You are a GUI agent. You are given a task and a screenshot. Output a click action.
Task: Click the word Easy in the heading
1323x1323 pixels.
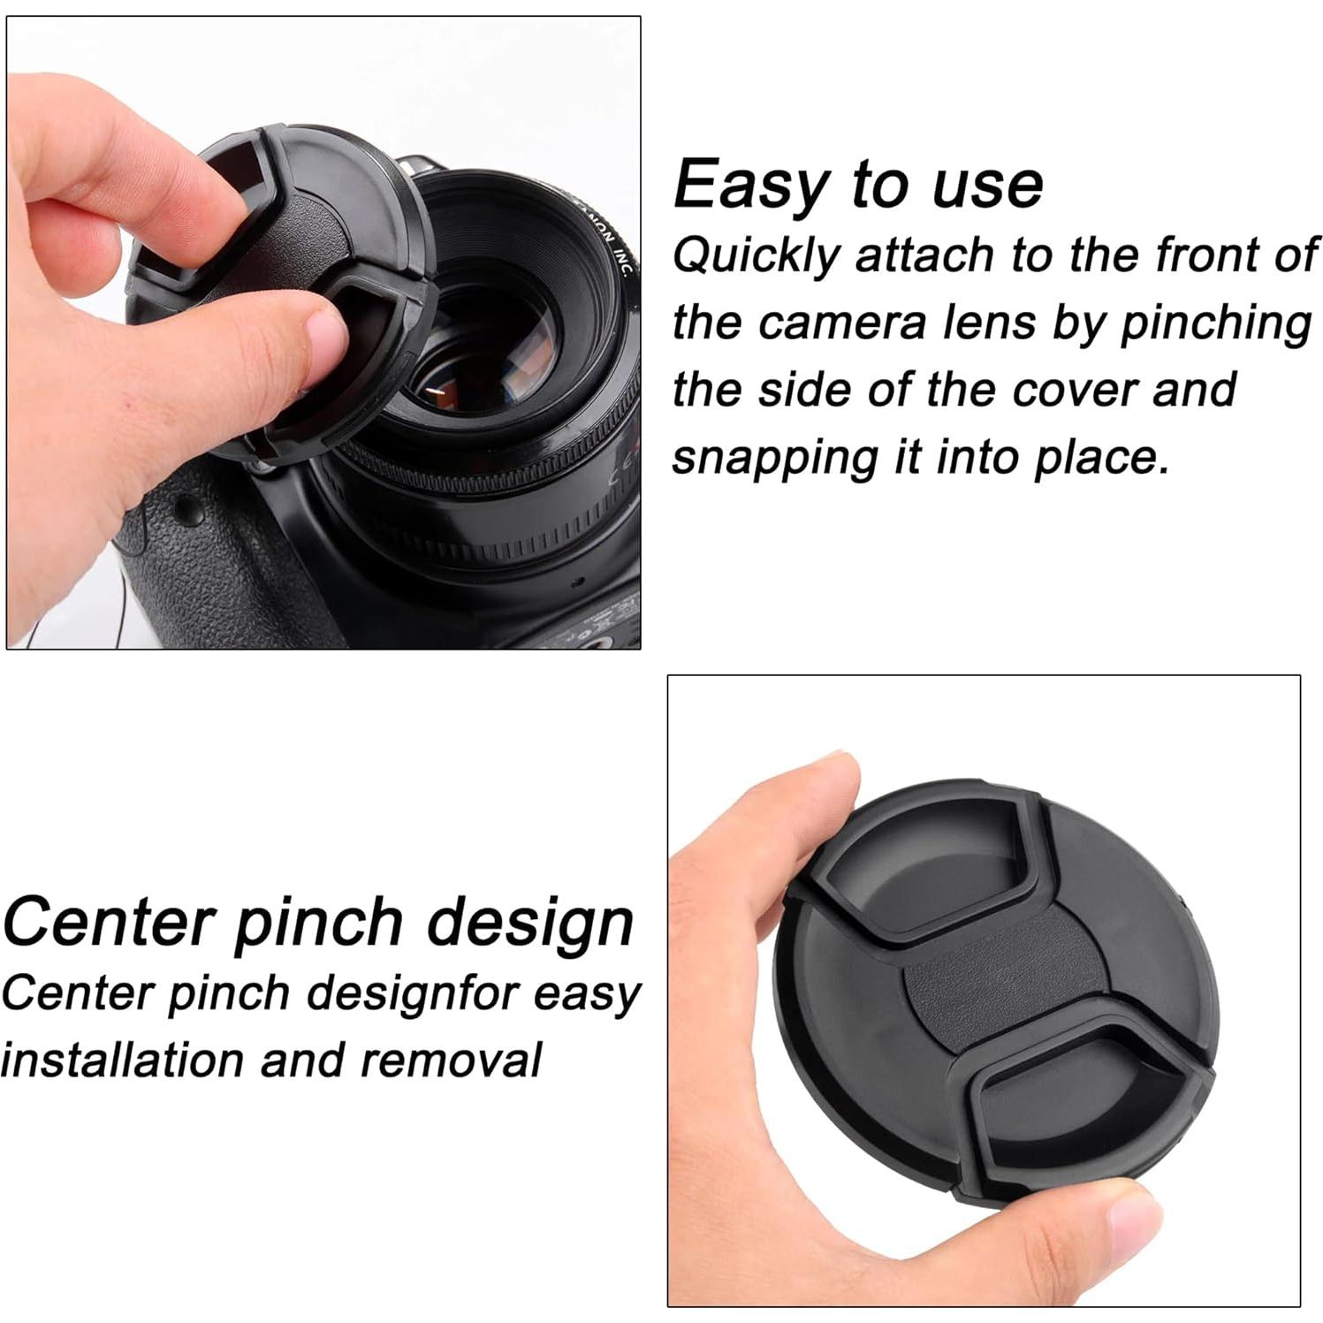749,186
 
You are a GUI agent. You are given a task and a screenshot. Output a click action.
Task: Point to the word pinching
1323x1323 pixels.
1216,323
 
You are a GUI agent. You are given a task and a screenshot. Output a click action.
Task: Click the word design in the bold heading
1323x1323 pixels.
530,923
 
